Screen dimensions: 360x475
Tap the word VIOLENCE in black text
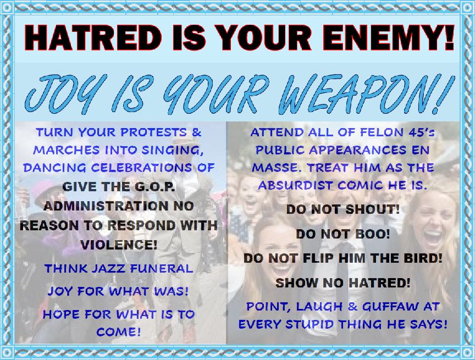coord(119,245)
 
